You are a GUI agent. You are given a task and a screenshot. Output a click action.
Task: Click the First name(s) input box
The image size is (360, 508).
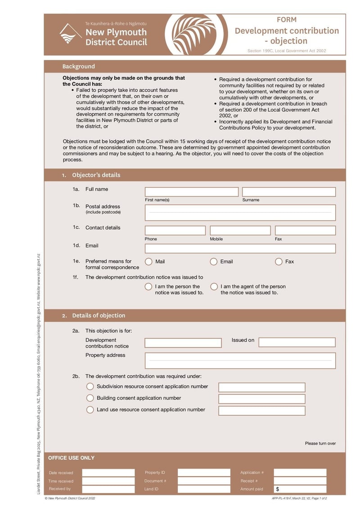(x=191, y=192)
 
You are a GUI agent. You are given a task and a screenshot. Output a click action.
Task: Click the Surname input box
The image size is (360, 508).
(x=289, y=192)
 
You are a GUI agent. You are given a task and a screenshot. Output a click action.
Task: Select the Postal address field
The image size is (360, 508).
(x=240, y=213)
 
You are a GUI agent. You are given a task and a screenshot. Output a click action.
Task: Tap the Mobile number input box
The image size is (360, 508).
(x=240, y=231)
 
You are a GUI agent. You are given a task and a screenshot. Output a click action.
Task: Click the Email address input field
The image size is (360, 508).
(x=240, y=249)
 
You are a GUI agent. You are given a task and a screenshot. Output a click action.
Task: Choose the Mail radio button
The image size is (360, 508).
(x=148, y=262)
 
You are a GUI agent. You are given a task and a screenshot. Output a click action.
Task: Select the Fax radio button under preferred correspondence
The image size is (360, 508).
(x=279, y=262)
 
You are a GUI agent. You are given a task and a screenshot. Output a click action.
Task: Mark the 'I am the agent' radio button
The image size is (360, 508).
(x=214, y=287)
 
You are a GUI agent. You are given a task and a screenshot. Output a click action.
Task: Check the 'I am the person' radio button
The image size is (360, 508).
(x=148, y=287)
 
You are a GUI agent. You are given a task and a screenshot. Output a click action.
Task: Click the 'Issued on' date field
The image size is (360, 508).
(x=297, y=343)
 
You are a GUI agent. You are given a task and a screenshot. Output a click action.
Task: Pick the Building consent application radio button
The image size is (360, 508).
(x=90, y=398)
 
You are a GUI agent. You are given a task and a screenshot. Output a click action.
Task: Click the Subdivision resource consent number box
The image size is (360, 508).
(x=262, y=388)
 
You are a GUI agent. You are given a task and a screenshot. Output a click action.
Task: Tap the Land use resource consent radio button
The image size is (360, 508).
(x=90, y=410)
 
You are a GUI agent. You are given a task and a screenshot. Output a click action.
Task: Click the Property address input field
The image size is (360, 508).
(x=240, y=361)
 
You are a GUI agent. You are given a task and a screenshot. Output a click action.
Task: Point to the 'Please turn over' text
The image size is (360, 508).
(x=320, y=444)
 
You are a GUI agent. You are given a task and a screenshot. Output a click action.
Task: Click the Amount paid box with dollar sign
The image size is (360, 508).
(x=300, y=489)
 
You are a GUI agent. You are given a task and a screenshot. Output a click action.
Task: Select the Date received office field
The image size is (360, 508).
(x=108, y=473)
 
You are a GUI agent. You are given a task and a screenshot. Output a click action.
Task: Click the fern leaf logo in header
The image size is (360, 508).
(x=197, y=35)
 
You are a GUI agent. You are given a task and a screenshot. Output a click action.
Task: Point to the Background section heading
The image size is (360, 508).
(x=79, y=67)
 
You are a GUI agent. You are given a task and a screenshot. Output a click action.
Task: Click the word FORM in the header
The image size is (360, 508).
(x=287, y=20)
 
